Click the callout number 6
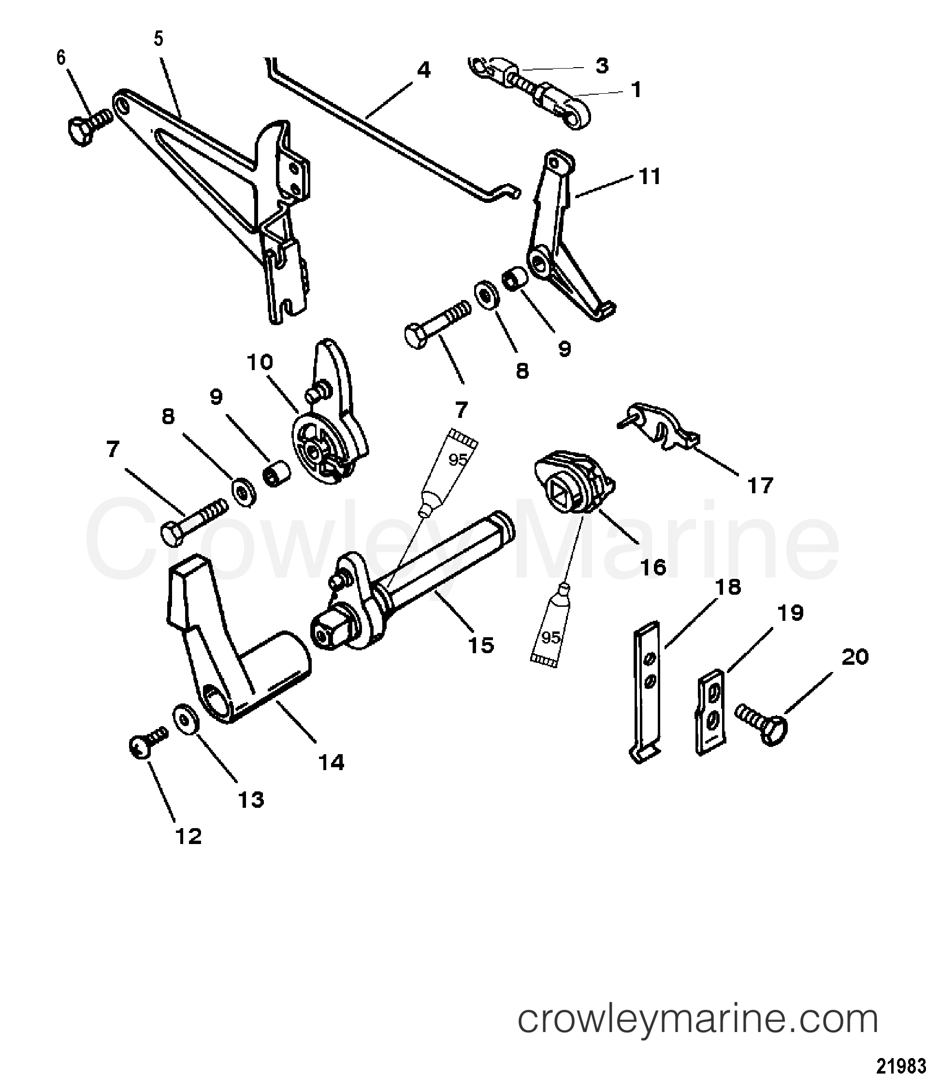61,58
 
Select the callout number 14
332,762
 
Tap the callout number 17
760,486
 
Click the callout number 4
423,70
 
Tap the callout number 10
260,362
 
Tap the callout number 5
159,39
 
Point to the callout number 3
601,66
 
